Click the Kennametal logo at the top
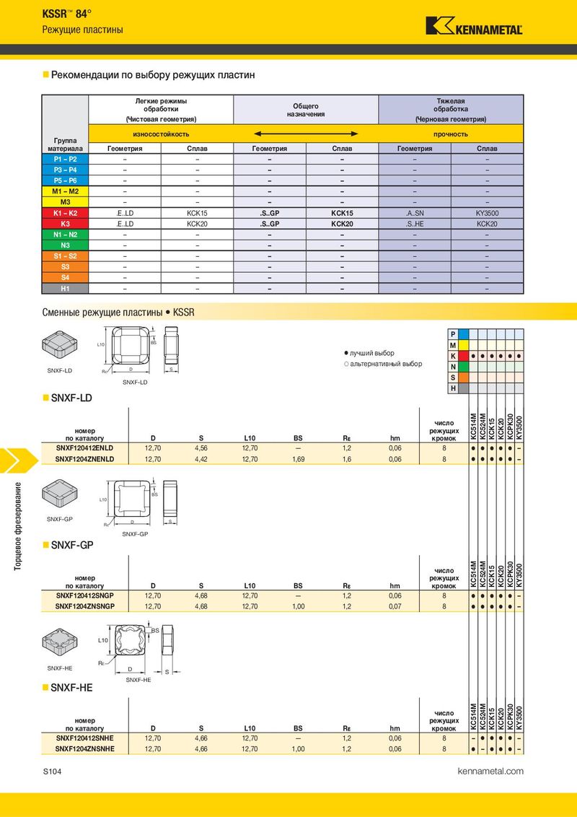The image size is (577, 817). [x=475, y=26]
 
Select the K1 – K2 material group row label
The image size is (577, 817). [x=65, y=213]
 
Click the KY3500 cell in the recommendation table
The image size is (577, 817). [x=487, y=213]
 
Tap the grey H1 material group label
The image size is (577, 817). [x=65, y=288]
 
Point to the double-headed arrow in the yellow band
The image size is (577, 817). [x=307, y=134]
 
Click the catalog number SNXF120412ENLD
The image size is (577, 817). [x=85, y=448]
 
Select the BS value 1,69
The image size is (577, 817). [x=298, y=459]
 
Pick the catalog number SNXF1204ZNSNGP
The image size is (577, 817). [x=85, y=606]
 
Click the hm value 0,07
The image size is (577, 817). [x=395, y=606]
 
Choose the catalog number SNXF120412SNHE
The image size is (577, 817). [x=85, y=738]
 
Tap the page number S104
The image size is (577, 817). [x=52, y=772]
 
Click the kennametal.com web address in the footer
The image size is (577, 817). [x=490, y=771]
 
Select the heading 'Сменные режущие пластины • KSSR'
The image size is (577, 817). [x=118, y=313]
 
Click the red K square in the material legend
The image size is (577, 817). [x=463, y=356]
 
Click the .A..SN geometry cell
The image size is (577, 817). [x=415, y=213]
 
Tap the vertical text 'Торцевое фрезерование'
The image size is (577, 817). [x=18, y=525]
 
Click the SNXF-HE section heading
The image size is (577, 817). [x=71, y=688]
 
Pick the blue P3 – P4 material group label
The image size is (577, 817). [x=65, y=170]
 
